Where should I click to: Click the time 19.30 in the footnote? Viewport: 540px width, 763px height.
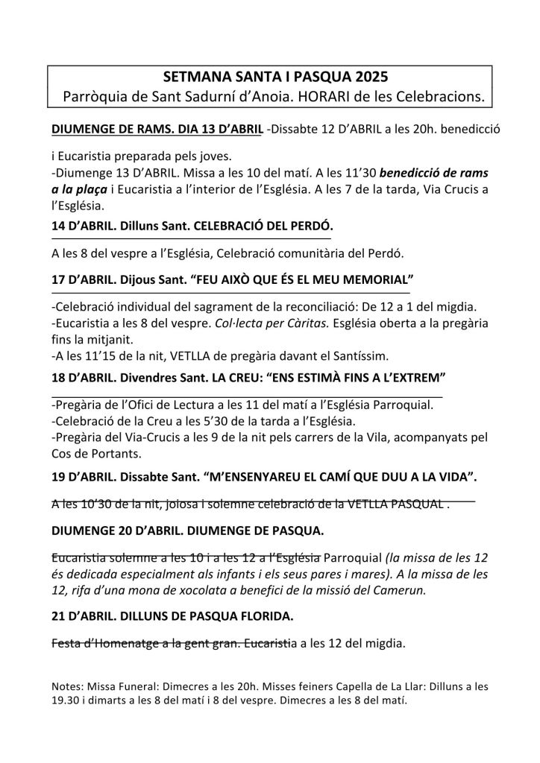[69, 700]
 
